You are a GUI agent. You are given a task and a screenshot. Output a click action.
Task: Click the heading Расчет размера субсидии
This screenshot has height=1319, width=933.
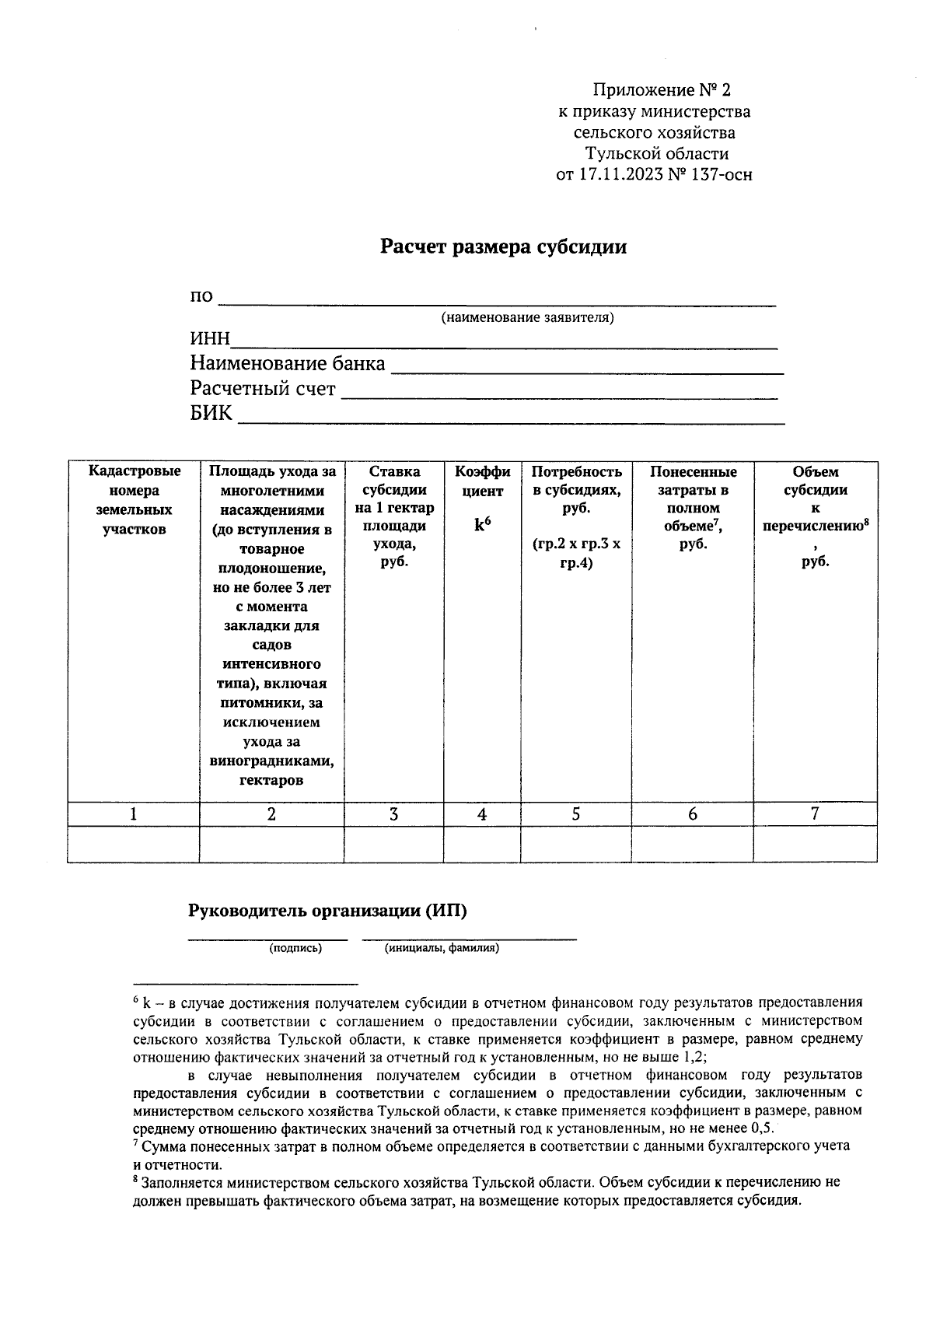[502, 247]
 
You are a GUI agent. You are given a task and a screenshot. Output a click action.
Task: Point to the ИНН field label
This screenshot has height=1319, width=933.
[210, 339]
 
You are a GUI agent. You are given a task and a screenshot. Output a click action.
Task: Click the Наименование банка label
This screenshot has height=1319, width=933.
[287, 363]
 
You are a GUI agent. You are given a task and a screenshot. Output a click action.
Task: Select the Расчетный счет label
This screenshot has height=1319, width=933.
[263, 388]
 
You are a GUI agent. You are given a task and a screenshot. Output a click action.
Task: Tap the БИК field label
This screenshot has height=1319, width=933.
[211, 413]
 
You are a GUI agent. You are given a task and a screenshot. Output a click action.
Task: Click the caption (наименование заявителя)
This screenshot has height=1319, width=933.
[527, 318]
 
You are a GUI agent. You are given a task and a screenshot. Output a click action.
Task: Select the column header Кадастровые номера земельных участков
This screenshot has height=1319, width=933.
[134, 500]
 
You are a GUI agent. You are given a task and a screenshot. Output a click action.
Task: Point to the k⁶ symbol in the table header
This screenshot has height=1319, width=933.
[482, 525]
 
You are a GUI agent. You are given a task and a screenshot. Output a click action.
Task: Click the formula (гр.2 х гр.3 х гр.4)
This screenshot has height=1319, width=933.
[575, 553]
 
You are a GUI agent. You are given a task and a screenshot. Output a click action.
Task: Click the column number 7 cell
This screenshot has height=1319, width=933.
[814, 813]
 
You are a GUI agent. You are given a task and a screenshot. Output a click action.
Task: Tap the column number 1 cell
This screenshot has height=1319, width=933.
[134, 813]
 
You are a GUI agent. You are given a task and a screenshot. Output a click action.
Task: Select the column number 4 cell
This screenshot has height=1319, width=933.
[482, 813]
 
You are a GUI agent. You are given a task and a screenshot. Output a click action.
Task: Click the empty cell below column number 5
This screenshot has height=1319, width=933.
[575, 844]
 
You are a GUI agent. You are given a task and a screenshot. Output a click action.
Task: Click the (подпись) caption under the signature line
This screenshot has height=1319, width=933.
[295, 948]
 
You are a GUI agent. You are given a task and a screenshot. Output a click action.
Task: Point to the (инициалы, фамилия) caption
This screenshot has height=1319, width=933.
[442, 948]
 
